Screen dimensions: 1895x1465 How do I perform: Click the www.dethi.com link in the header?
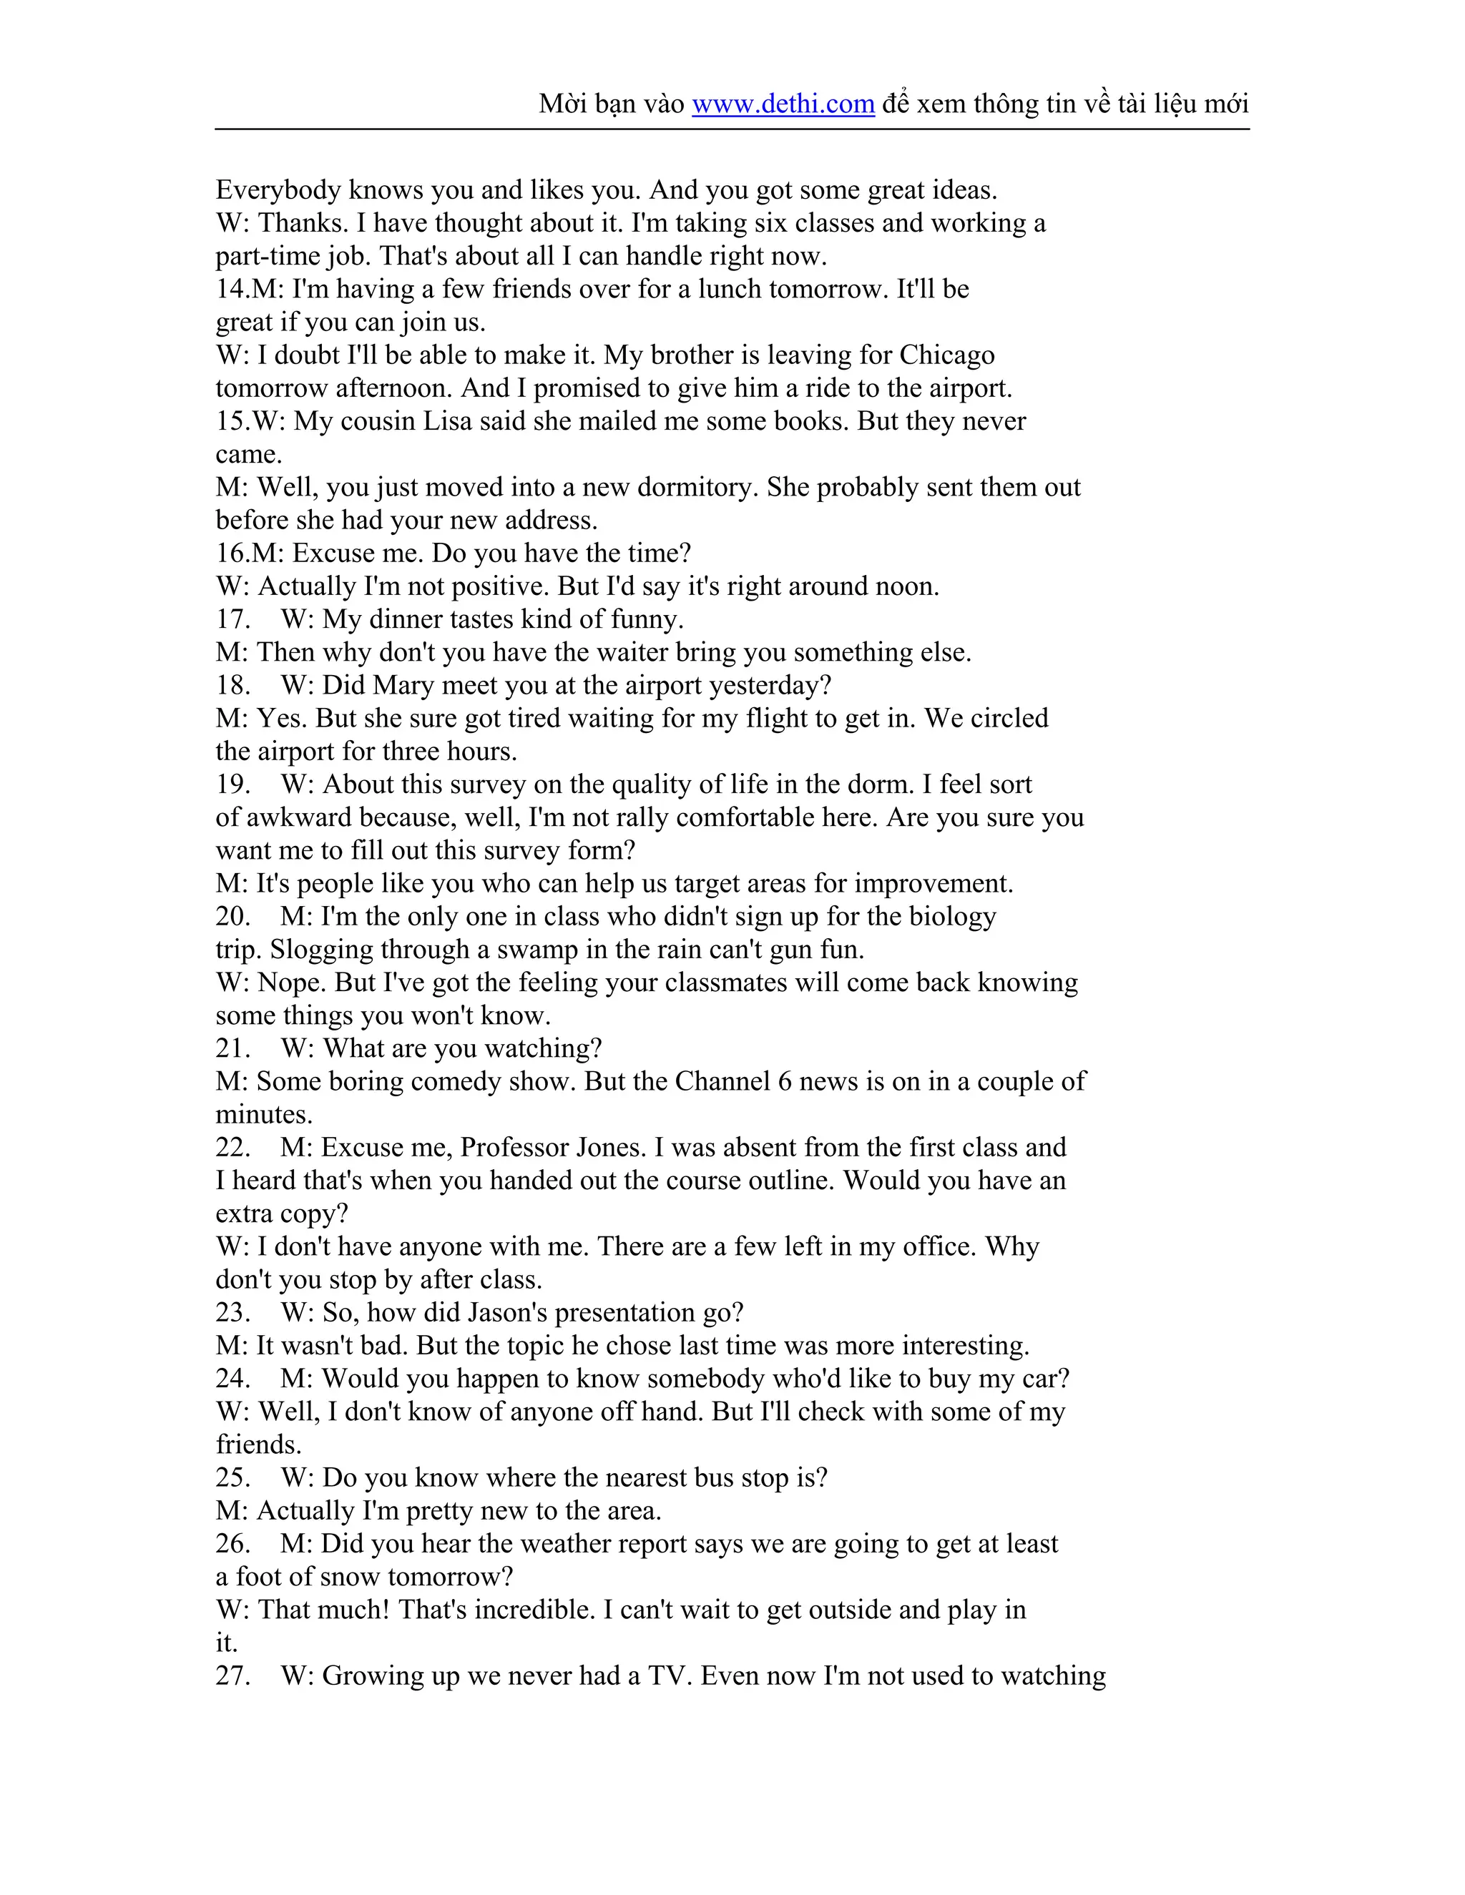tap(782, 104)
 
